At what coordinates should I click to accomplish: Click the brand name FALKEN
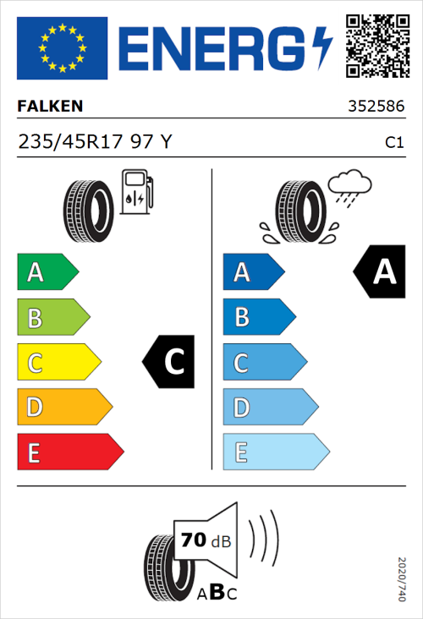pyautogui.click(x=51, y=107)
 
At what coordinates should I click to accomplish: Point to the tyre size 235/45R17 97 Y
pyautogui.click(x=95, y=142)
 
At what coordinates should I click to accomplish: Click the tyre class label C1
pyautogui.click(x=393, y=143)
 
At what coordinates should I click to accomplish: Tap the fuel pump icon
pyautogui.click(x=136, y=191)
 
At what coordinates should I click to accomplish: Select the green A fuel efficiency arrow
pyautogui.click(x=47, y=272)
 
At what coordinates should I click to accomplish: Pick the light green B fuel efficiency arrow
pyautogui.click(x=52, y=318)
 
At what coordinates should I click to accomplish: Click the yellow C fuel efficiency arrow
pyautogui.click(x=58, y=363)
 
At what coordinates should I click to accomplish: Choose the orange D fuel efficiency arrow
pyautogui.click(x=63, y=408)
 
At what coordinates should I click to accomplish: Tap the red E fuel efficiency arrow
pyautogui.click(x=69, y=452)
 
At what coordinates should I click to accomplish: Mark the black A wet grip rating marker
pyautogui.click(x=380, y=272)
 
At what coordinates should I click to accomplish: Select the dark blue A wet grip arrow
pyautogui.click(x=252, y=272)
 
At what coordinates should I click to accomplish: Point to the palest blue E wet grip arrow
pyautogui.click(x=275, y=452)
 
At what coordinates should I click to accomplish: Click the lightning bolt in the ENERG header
pyautogui.click(x=322, y=48)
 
